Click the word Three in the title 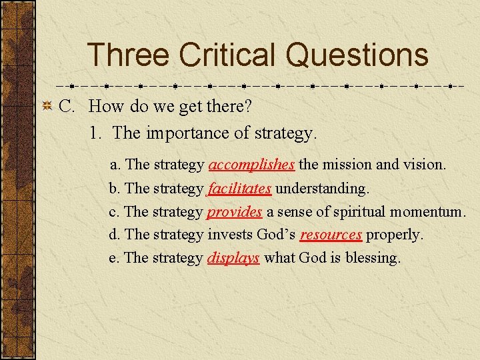(126, 55)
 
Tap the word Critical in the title (227, 55)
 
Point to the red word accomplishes (251, 164)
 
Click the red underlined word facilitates (239, 189)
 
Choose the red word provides (234, 212)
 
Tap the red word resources (331, 235)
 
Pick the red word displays (233, 258)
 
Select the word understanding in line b (322, 189)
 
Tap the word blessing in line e (373, 258)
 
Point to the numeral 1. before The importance (96, 133)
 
